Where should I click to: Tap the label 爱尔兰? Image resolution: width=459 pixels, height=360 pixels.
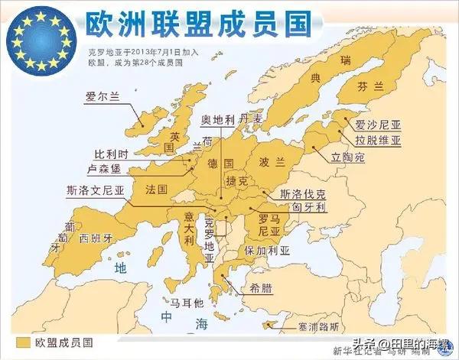(x=103, y=97)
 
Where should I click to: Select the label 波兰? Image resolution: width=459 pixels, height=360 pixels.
(x=269, y=162)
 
